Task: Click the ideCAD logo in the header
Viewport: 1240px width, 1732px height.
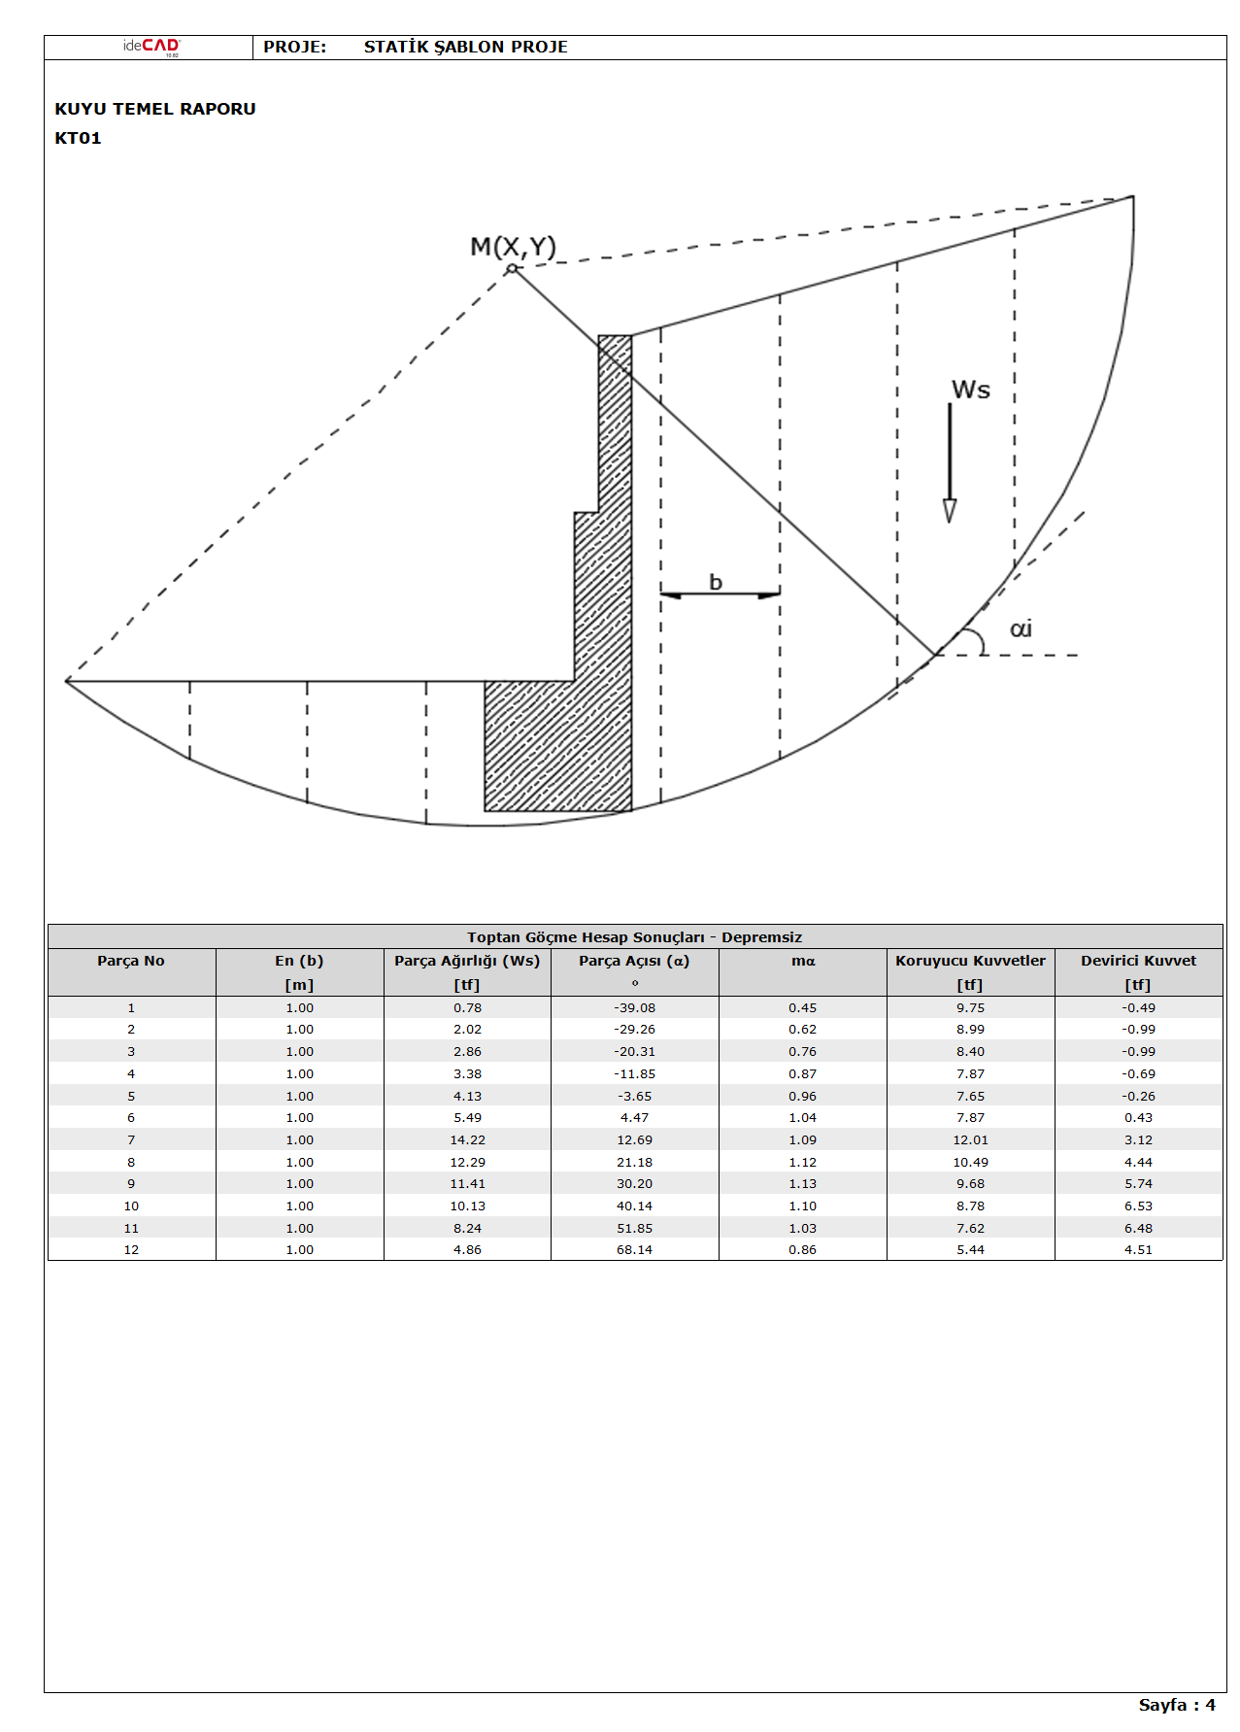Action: [151, 47]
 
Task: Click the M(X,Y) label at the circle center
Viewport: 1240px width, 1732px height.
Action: [513, 247]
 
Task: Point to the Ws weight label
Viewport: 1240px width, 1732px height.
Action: [970, 391]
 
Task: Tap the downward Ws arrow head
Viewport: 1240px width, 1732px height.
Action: [950, 511]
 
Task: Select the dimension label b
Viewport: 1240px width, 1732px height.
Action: [716, 583]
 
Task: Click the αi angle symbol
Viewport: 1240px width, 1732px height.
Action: [1021, 629]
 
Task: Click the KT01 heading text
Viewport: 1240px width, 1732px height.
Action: [79, 138]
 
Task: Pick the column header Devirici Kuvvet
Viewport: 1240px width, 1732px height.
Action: [1138, 961]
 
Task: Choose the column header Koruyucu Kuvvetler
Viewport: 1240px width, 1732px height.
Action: [970, 961]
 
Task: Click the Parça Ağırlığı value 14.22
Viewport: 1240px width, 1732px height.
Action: [467, 1140]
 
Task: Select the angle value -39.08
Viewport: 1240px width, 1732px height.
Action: [634, 1008]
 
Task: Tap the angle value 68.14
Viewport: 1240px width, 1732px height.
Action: [634, 1250]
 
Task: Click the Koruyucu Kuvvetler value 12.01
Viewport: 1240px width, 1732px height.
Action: [970, 1140]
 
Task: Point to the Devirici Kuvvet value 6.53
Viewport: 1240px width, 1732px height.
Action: [1138, 1206]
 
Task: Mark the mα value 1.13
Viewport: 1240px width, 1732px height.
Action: [802, 1184]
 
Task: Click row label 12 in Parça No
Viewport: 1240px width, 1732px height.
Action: [131, 1250]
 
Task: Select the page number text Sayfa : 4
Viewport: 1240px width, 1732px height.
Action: [1176, 1705]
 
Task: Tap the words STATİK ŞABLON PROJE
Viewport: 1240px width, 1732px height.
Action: [465, 47]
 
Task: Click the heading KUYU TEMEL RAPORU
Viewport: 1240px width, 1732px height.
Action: [155, 109]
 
